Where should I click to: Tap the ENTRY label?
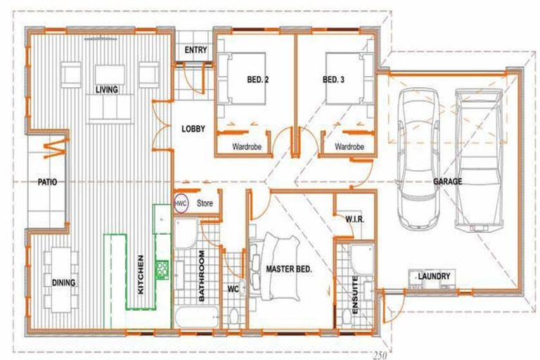(x=194, y=51)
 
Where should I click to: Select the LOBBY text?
(x=193, y=129)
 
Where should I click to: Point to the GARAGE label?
(x=447, y=181)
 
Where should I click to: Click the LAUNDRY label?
(x=433, y=276)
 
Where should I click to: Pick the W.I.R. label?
(x=354, y=220)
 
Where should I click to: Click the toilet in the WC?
(x=234, y=314)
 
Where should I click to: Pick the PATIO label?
(x=47, y=182)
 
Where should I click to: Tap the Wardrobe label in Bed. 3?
(x=349, y=147)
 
